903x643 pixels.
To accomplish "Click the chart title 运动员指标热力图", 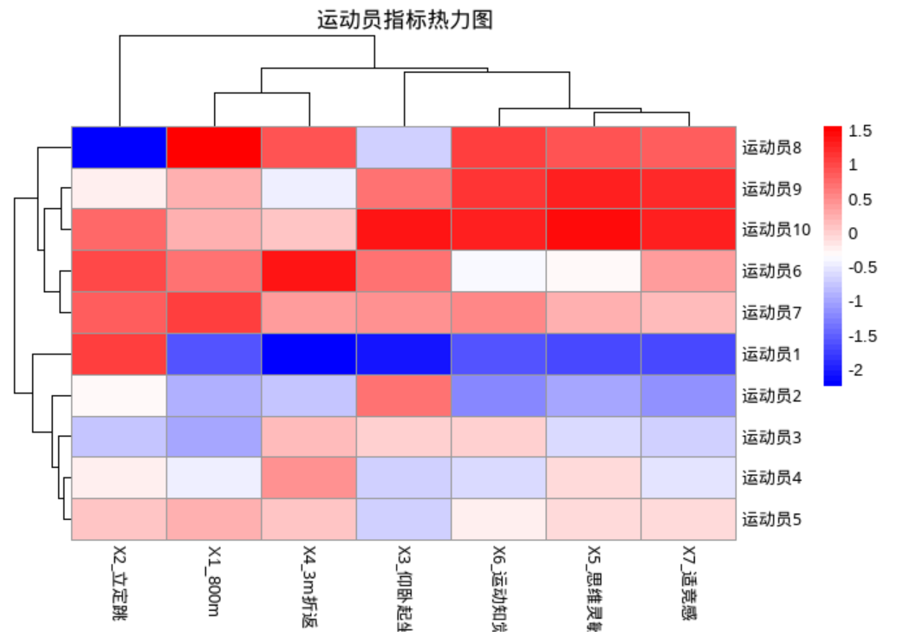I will [405, 20].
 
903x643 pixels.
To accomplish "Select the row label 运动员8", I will [770, 147].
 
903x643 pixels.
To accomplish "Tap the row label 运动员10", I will [776, 230].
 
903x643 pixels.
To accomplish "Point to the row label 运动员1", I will [770, 354].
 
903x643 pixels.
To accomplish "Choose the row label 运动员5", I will [770, 520].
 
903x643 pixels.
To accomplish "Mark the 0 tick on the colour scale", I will [854, 233].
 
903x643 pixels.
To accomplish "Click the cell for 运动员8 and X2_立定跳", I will [119, 147].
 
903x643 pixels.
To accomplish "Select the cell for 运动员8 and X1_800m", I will [214, 147].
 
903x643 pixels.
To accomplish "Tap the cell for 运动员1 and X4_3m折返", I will [309, 354].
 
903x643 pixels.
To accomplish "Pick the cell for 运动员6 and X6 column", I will [499, 271].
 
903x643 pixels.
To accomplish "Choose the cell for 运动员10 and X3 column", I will [404, 230].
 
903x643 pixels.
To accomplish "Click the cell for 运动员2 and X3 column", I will [404, 395].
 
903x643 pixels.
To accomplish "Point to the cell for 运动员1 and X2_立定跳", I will [119, 354].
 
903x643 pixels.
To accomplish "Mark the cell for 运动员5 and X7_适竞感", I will [689, 520].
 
